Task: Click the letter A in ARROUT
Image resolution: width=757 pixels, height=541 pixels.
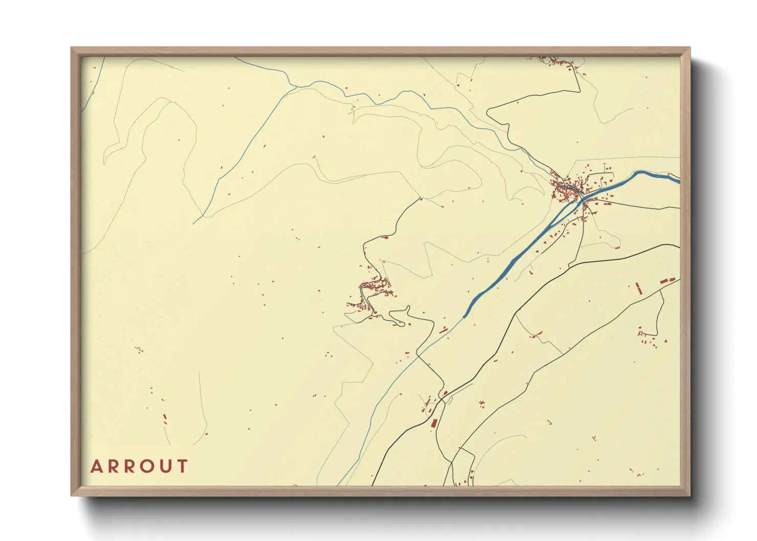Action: [x=96, y=466]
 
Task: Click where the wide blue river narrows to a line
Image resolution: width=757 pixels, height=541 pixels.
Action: [x=464, y=317]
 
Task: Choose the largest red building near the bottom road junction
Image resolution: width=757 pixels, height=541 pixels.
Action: [x=434, y=423]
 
